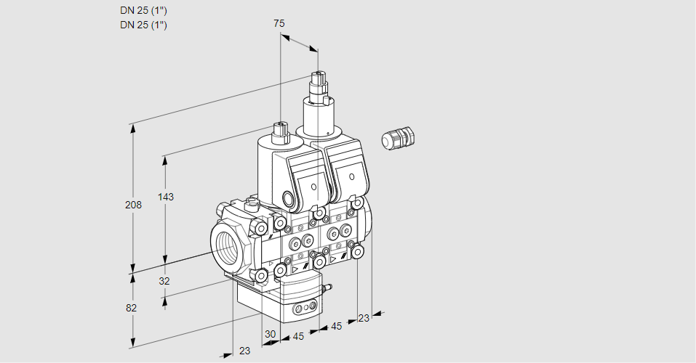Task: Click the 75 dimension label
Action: (x=279, y=23)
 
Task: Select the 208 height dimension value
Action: (x=132, y=205)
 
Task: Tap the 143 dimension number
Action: (x=167, y=197)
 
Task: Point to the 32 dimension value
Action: (x=164, y=281)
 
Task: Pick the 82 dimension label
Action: (x=131, y=308)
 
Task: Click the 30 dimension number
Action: (x=271, y=334)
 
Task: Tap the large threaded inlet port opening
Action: (x=227, y=245)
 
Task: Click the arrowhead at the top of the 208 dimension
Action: (x=132, y=128)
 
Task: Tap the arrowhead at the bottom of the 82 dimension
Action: (x=132, y=341)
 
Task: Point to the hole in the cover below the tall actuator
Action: (x=352, y=176)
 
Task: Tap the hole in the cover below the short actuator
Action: (x=313, y=187)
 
